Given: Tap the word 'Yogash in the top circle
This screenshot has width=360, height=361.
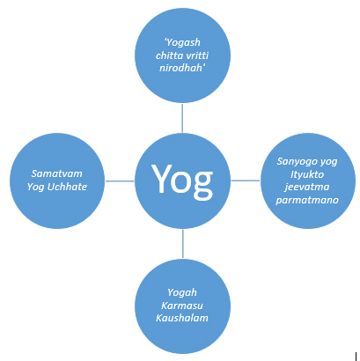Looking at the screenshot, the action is point(182,43).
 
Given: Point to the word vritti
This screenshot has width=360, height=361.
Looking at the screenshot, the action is point(195,55).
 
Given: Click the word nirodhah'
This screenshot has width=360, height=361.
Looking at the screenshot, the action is point(182,68).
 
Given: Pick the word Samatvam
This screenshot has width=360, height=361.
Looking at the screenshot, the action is point(57,173).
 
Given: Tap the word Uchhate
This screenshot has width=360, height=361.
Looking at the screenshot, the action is point(67,187).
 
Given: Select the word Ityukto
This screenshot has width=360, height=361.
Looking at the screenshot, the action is point(307,174).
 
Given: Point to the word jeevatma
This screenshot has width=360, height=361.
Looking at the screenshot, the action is point(307,188).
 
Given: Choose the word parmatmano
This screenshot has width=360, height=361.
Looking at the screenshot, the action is point(307,200).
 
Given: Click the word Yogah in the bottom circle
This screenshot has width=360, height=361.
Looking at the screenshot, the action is point(182,293).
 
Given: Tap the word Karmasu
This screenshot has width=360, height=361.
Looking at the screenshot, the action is point(182,306).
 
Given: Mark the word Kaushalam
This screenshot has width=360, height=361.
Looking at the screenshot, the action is point(182,318).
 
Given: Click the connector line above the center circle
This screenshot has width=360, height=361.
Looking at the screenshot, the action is point(182,118).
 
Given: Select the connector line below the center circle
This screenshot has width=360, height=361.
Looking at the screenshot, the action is point(183,244).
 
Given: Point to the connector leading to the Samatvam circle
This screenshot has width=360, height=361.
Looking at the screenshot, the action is point(120,181).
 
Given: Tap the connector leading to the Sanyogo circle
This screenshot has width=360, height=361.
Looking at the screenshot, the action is point(246,180).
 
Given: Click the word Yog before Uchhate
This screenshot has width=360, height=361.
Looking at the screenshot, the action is point(36,188).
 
